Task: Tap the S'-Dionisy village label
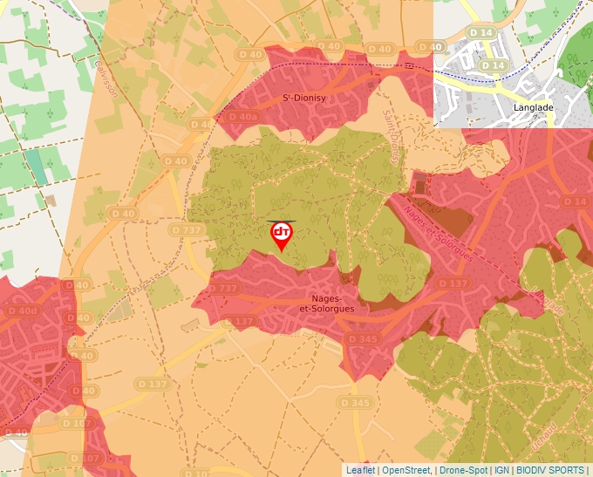click(303, 99)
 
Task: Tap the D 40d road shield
click(23, 311)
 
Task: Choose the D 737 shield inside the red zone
click(223, 289)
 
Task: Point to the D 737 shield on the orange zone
click(187, 229)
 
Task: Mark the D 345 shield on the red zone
click(361, 338)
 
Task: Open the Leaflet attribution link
click(361, 470)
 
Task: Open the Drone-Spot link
click(463, 470)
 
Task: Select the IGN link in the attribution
click(502, 470)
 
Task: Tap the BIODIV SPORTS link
click(550, 470)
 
